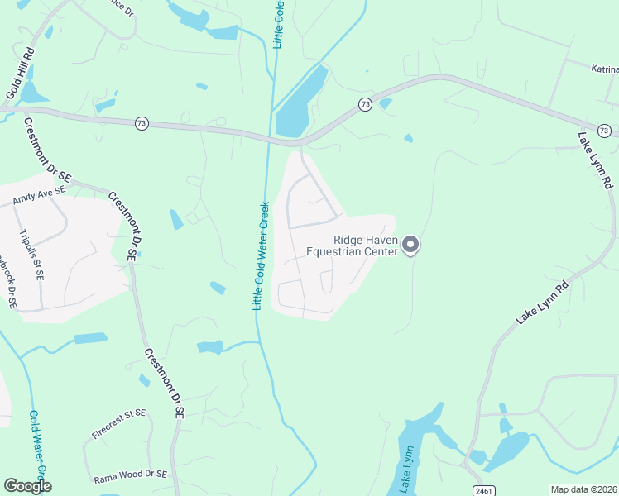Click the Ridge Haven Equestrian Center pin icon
411,246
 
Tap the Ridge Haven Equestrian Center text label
353,246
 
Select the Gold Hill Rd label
20,74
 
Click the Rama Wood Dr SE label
131,475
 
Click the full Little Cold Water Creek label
261,256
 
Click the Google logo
28,486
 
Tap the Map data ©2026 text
583,489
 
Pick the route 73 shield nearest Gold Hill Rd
142,123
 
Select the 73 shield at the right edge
604,131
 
